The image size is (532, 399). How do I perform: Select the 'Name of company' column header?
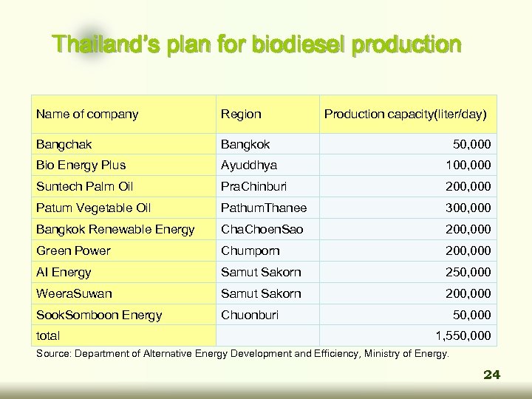[x=87, y=115]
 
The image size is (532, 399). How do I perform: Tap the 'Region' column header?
[x=241, y=115]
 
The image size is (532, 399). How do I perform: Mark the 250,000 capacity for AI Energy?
[x=467, y=272]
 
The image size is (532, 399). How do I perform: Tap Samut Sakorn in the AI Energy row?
[x=261, y=272]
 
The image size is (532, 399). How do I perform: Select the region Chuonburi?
[x=250, y=316]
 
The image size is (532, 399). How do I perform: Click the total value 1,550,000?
[x=463, y=335]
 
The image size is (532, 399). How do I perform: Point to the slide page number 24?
[x=491, y=375]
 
